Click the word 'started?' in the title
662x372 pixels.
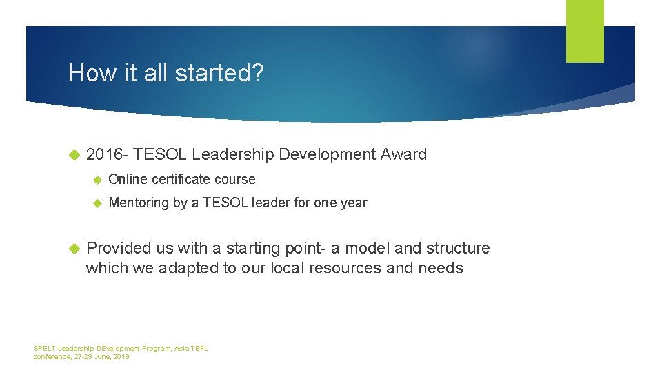pyautogui.click(x=224, y=73)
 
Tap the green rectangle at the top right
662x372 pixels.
pyautogui.click(x=585, y=30)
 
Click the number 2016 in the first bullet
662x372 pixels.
pyautogui.click(x=103, y=155)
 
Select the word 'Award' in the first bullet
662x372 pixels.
pyautogui.click(x=403, y=155)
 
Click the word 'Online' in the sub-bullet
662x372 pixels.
pyautogui.click(x=128, y=179)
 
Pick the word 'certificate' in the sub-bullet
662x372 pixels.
pyautogui.click(x=181, y=179)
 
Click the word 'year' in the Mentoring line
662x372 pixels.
pyautogui.click(x=354, y=203)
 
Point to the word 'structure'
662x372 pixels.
pyautogui.click(x=458, y=248)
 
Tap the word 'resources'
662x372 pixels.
pyautogui.click(x=348, y=268)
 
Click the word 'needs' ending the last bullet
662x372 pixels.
pyautogui.click(x=441, y=268)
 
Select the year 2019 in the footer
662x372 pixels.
pyautogui.click(x=121, y=357)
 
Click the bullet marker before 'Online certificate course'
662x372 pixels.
pyautogui.click(x=97, y=180)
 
